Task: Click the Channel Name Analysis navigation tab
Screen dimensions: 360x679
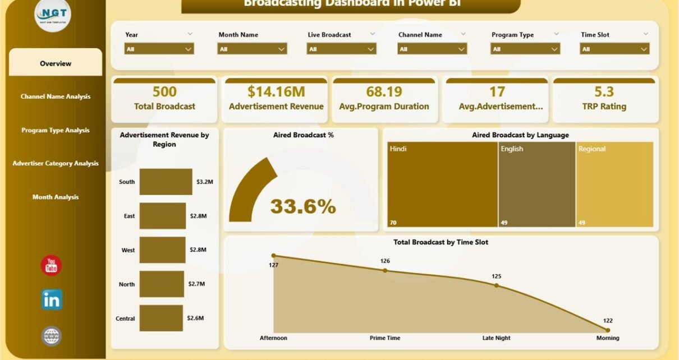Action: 56,96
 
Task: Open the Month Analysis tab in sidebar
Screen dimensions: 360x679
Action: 56,197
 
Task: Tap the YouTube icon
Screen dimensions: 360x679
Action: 52,265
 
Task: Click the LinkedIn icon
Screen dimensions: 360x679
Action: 52,300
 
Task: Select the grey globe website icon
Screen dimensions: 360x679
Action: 52,336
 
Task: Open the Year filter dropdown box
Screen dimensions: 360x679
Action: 159,49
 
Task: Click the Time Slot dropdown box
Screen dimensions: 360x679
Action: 614,49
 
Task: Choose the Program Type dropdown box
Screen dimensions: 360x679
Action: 525,49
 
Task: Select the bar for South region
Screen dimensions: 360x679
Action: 166,182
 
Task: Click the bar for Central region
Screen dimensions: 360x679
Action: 161,318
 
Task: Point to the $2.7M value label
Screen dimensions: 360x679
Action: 196,284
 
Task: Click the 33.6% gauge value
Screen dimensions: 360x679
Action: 303,207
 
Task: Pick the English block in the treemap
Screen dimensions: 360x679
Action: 536,184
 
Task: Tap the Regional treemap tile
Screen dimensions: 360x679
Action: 614,184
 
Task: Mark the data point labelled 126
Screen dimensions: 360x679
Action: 385,270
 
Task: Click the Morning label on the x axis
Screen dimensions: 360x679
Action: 608,338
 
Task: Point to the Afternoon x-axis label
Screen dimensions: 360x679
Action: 273,338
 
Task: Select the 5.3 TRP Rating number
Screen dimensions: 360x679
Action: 604,92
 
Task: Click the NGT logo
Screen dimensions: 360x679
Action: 53,15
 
